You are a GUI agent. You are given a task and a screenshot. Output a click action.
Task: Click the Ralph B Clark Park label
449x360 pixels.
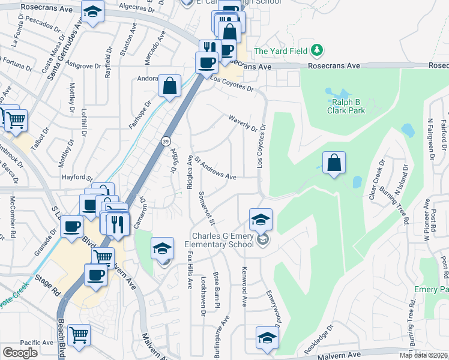(346, 106)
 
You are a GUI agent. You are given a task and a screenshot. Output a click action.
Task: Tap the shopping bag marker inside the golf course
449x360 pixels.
(334, 163)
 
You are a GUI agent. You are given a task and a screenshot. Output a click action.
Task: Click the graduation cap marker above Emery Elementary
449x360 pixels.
(261, 219)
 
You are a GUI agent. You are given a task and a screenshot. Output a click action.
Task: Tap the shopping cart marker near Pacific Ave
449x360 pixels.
(79, 335)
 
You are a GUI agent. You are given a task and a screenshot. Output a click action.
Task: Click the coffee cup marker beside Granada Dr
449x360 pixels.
(72, 227)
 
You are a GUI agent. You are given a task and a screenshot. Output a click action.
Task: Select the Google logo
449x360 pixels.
(20, 353)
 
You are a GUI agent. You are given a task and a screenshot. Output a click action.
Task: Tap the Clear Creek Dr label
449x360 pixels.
(378, 178)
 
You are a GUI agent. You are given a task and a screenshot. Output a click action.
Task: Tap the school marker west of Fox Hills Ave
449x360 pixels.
(162, 248)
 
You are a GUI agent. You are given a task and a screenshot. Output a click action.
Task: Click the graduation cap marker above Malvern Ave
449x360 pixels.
(267, 338)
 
